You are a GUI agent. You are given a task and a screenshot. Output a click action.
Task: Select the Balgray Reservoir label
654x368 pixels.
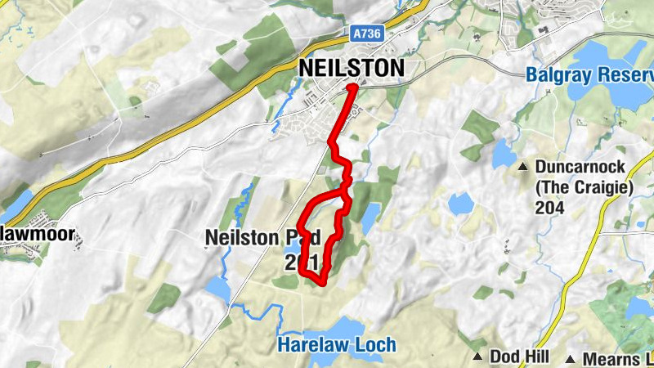tap(589, 74)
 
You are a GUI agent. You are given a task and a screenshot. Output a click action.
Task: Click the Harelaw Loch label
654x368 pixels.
tap(337, 345)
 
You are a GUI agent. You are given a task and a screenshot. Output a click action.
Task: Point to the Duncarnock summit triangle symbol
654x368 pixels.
tap(523, 168)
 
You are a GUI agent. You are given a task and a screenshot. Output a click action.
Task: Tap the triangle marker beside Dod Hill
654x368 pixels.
tap(479, 357)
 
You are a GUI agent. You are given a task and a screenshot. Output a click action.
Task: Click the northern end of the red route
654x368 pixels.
tap(352, 87)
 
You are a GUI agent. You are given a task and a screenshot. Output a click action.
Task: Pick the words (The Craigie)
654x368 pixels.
tap(585, 187)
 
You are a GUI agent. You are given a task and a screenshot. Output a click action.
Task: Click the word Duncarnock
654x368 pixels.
tap(580, 168)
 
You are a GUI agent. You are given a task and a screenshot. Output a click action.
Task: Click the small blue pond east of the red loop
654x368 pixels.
tap(370, 215)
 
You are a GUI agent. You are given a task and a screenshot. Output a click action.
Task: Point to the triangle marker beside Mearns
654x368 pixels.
tap(574, 359)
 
